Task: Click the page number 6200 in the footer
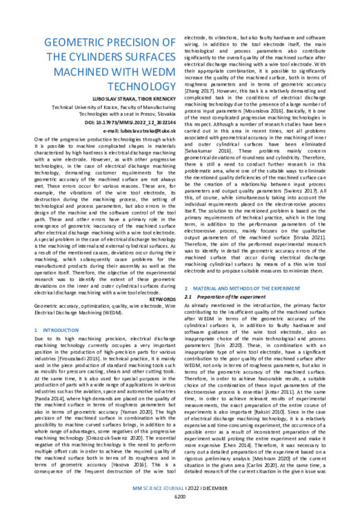[181, 496]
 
